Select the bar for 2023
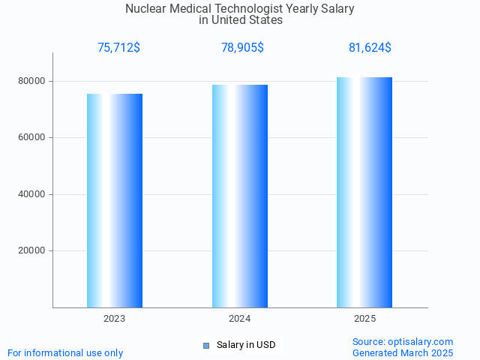tap(115, 200)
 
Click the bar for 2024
tap(240, 196)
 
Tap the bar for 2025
tap(364, 192)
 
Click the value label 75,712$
tap(118, 48)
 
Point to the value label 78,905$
tap(242, 48)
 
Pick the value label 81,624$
tap(370, 48)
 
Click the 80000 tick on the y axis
tap(31, 81)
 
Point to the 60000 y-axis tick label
tap(31, 138)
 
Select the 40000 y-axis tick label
tap(31, 194)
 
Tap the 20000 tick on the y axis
tap(31, 251)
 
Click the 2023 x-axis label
tap(115, 319)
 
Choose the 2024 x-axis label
tap(240, 319)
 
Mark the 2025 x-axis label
tap(364, 319)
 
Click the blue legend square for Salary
tap(206, 345)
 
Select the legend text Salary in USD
tap(246, 345)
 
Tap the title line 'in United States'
tap(240, 20)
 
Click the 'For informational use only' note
tap(65, 352)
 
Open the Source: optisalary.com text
tap(403, 341)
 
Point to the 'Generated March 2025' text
tap(403, 352)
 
